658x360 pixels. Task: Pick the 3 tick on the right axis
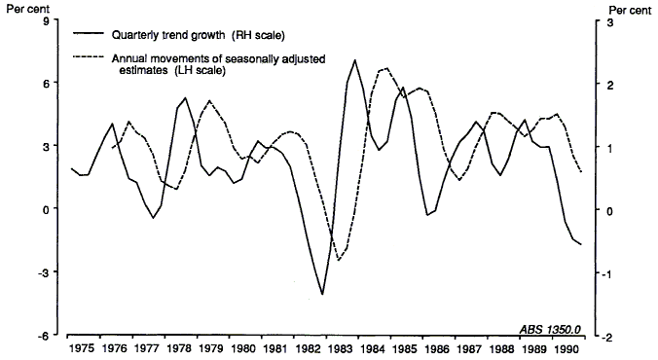pyautogui.click(x=611, y=21)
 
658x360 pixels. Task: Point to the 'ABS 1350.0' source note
pyautogui.click(x=553, y=327)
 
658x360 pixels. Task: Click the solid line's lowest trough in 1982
pyautogui.click(x=321, y=294)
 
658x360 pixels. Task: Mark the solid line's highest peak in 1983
pyautogui.click(x=355, y=60)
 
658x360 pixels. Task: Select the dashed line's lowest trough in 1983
pyautogui.click(x=339, y=261)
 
